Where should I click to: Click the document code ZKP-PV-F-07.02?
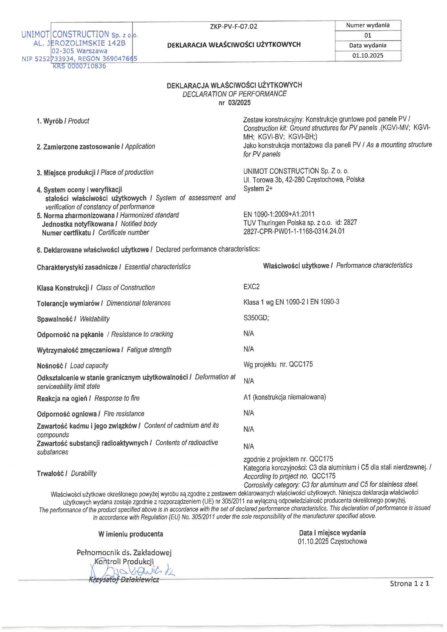233,26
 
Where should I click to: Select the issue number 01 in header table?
367,35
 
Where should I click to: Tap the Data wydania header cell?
367,45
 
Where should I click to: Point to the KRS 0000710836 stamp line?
79,66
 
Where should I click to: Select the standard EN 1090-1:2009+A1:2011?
279,214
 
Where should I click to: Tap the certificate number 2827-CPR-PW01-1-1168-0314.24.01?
294,231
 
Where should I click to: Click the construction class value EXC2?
251,287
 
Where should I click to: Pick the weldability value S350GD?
256,318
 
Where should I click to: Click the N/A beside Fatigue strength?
249,349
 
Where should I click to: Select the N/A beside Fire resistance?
249,413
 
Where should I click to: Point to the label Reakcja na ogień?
62,398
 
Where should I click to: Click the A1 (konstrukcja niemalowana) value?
284,397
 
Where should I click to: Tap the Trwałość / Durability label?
67,473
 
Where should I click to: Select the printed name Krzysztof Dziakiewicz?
124,580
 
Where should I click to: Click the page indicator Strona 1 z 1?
409,584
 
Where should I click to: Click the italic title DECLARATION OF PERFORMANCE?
234,94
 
